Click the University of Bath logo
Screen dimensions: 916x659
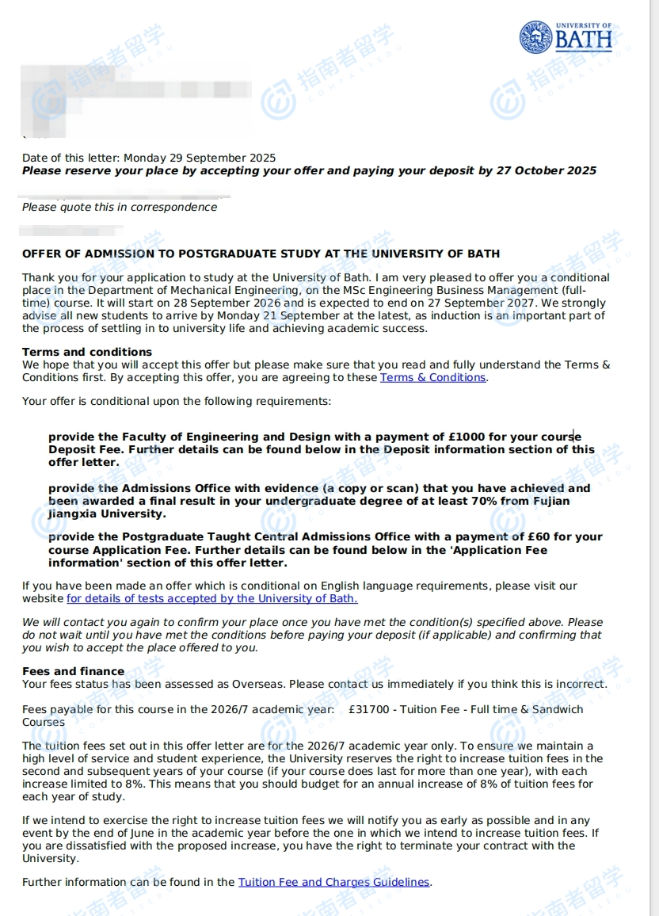[x=566, y=36]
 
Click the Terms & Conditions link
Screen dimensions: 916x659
[x=432, y=378]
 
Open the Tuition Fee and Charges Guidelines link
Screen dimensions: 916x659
[x=333, y=882]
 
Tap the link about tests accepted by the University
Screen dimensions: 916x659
[x=211, y=599]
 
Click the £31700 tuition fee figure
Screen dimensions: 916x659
[x=369, y=710]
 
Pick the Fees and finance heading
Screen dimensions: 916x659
[x=73, y=671]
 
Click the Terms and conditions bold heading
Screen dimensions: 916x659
[x=87, y=352]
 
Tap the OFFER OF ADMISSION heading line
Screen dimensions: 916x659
[x=261, y=254]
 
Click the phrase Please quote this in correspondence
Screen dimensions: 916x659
[x=119, y=208]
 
